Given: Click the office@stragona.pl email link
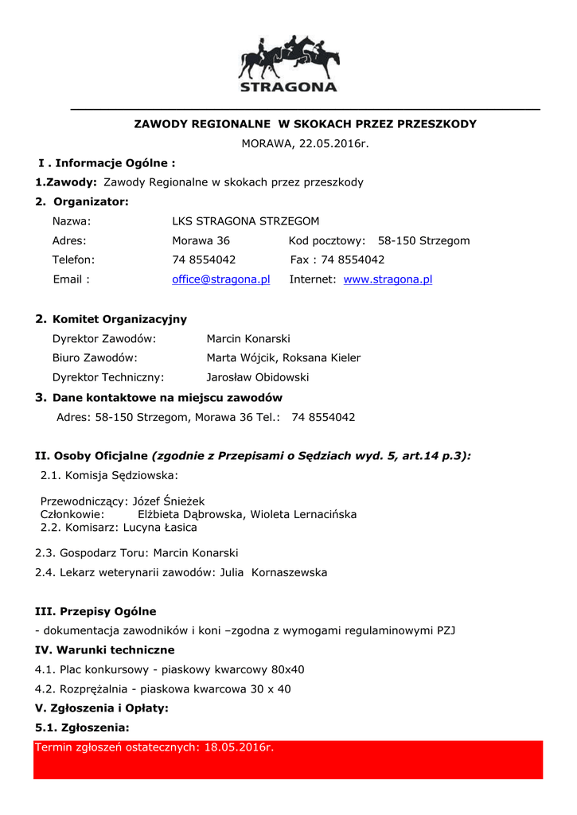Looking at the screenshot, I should (221, 279).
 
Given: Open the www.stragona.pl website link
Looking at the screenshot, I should (388, 279).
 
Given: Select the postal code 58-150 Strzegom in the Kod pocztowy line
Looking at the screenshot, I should (423, 240).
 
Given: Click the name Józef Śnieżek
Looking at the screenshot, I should (168, 501).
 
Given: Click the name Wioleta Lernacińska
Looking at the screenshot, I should (303, 514).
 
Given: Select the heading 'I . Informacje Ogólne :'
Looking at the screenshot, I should (107, 163).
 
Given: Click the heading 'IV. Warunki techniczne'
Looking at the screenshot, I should (105, 650).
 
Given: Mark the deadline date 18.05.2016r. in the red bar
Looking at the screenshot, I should (239, 747).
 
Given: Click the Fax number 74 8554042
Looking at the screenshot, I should (353, 259).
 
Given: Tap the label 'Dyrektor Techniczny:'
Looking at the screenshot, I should (108, 377).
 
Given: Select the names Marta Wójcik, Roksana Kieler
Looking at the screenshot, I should (283, 358).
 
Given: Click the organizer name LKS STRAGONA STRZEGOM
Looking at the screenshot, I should (245, 221).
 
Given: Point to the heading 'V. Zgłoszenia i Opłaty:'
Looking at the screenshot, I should (102, 708).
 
